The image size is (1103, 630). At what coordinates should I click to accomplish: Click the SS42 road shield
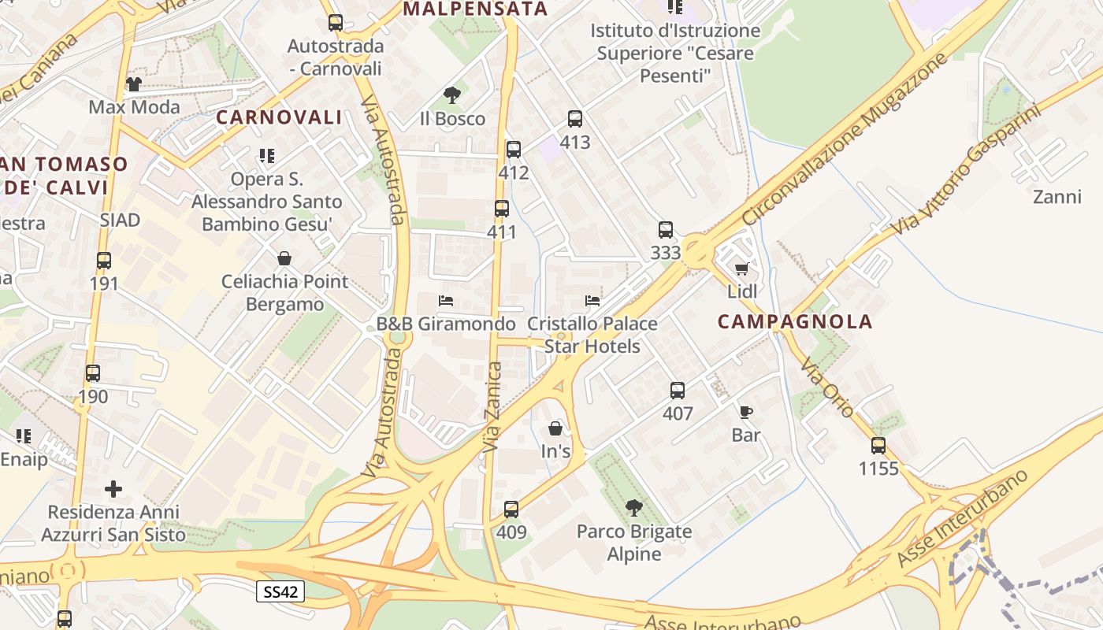click(x=280, y=591)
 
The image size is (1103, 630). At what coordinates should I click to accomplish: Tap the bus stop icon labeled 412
click(x=514, y=149)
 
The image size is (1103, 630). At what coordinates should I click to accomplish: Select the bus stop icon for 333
click(x=666, y=230)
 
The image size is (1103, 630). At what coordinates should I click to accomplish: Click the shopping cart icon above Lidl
click(x=741, y=269)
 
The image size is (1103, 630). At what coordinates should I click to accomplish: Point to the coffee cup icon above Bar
click(x=745, y=412)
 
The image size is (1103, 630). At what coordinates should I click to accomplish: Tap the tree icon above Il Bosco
click(x=451, y=95)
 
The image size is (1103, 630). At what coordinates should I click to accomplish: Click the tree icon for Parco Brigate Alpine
click(x=633, y=508)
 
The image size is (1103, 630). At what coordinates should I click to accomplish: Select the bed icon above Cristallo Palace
click(x=592, y=301)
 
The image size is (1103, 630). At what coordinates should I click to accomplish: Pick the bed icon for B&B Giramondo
click(x=446, y=301)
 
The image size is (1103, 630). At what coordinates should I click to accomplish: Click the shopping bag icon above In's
click(x=555, y=428)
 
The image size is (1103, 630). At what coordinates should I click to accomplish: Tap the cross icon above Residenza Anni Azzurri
click(x=113, y=489)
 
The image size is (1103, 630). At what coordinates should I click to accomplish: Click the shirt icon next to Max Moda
click(x=133, y=84)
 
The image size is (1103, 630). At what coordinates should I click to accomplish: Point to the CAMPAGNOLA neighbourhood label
click(x=796, y=321)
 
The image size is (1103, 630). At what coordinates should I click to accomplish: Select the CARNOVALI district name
click(x=279, y=117)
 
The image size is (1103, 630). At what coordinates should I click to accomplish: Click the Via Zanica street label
click(x=493, y=406)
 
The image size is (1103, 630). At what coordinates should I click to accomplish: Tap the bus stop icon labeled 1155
click(x=878, y=446)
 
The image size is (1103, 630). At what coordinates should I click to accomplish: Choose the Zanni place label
click(x=1057, y=197)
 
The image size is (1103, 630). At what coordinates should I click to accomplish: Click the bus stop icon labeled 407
click(x=678, y=390)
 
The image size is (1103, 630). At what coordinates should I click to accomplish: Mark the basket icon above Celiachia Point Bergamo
click(x=284, y=258)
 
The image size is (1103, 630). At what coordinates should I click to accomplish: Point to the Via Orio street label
click(x=827, y=387)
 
